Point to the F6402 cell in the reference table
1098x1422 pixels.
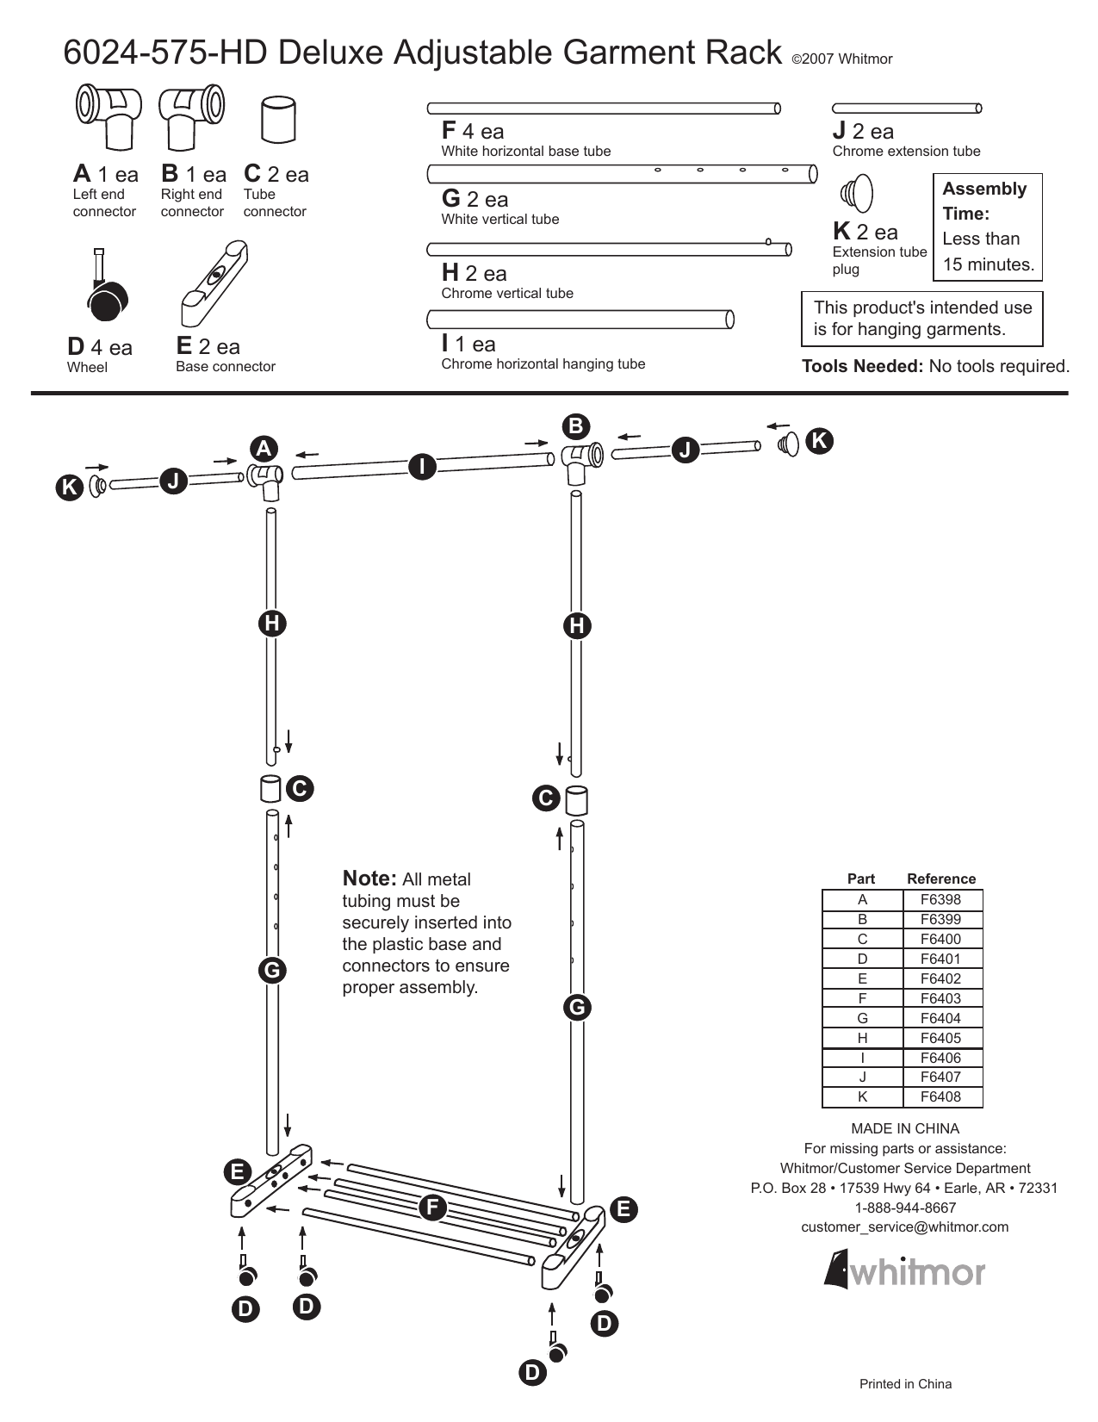[940, 978]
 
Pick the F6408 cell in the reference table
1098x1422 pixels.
[940, 1096]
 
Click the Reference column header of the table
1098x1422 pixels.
[941, 879]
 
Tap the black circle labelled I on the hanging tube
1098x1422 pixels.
[422, 467]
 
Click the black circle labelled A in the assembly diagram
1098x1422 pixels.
[264, 449]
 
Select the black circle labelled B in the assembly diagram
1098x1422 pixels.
[576, 426]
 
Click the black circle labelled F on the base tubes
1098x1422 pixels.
[432, 1208]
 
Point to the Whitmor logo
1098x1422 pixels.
[904, 1271]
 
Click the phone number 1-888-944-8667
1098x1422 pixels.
[905, 1208]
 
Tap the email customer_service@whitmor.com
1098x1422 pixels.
[904, 1226]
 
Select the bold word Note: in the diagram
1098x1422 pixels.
[369, 879]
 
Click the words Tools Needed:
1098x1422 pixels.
[862, 366]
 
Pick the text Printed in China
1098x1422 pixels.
[905, 1384]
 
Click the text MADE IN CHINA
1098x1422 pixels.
[905, 1128]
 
